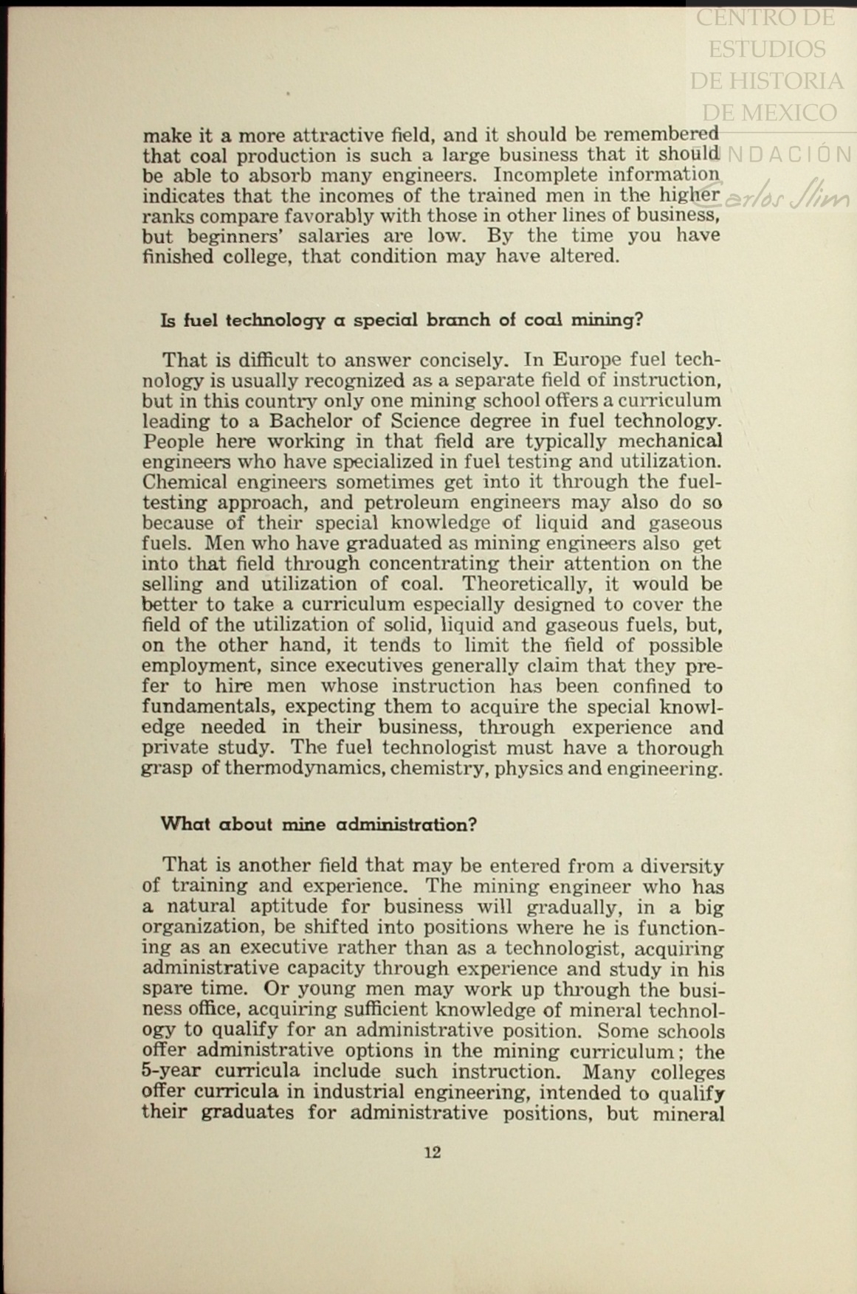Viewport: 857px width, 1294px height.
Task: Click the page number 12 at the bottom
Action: coord(433,1152)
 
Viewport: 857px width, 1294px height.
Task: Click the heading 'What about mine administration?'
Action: coord(319,824)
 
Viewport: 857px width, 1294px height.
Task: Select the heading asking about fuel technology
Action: coord(402,320)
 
